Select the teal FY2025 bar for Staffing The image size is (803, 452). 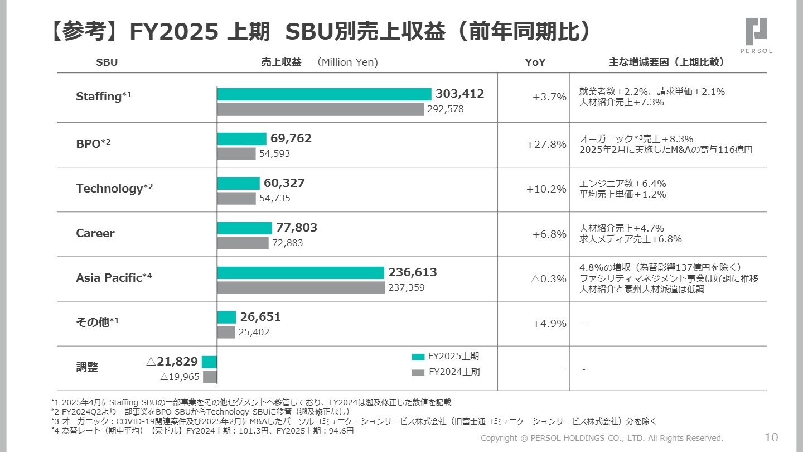click(324, 94)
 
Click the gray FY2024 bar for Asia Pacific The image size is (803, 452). click(301, 287)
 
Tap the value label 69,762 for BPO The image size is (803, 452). click(291, 138)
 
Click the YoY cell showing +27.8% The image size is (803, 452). click(546, 145)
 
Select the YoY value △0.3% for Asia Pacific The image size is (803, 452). click(549, 278)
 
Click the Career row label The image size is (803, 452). click(95, 233)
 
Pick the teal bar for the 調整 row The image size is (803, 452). click(209, 362)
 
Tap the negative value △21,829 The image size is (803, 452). click(172, 362)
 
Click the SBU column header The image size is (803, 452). click(107, 62)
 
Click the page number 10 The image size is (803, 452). click(771, 437)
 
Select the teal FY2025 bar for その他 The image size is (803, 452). click(226, 317)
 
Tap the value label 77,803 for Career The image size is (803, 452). click(296, 228)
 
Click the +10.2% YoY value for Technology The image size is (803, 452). click(546, 189)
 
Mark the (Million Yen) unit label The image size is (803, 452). click(347, 62)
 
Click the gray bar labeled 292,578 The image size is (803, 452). click(320, 109)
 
